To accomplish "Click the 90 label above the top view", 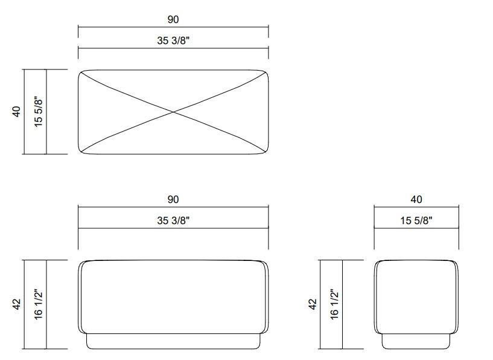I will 173,19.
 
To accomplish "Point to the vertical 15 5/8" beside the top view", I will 38,112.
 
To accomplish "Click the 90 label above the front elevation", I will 173,199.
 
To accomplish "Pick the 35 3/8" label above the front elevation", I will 173,220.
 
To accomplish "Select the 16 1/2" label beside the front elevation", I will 38,304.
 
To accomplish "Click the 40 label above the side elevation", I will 416,199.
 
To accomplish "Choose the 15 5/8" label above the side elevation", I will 416,220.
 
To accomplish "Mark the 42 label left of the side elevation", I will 313,304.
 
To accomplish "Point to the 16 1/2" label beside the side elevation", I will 334,304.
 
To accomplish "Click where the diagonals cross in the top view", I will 173,112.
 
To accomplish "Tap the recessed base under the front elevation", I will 173,342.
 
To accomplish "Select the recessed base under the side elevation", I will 416,342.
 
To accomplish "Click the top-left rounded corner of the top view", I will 82,73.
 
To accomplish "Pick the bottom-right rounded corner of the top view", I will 265,150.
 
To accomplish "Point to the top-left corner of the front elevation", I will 82,263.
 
